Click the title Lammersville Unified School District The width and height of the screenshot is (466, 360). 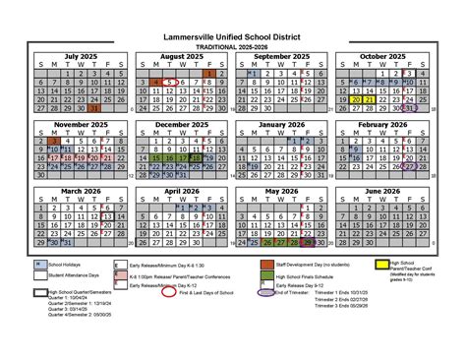(233, 35)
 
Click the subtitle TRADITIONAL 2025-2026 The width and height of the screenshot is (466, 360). (233, 45)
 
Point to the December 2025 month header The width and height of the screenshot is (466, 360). (179, 124)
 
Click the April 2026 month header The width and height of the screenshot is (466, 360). (179, 191)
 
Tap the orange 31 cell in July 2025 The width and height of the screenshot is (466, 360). (92, 108)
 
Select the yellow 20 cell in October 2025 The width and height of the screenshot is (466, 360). (368, 99)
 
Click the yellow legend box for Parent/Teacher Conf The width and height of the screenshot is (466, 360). (382, 265)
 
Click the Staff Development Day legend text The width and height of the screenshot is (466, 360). (323, 265)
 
